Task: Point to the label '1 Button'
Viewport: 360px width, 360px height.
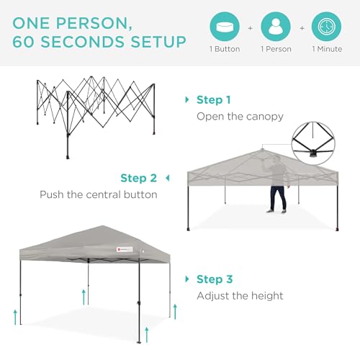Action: point(225,50)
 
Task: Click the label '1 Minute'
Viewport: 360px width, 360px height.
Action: point(327,50)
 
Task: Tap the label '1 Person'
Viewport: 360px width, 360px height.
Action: point(276,50)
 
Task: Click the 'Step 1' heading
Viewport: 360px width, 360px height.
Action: point(214,99)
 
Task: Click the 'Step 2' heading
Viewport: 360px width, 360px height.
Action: point(139,178)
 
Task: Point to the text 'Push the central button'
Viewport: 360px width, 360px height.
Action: point(99,194)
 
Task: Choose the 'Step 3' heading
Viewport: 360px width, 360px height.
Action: point(214,279)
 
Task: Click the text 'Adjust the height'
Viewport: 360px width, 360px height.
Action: point(240,295)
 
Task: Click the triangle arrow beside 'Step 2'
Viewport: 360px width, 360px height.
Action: point(167,177)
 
